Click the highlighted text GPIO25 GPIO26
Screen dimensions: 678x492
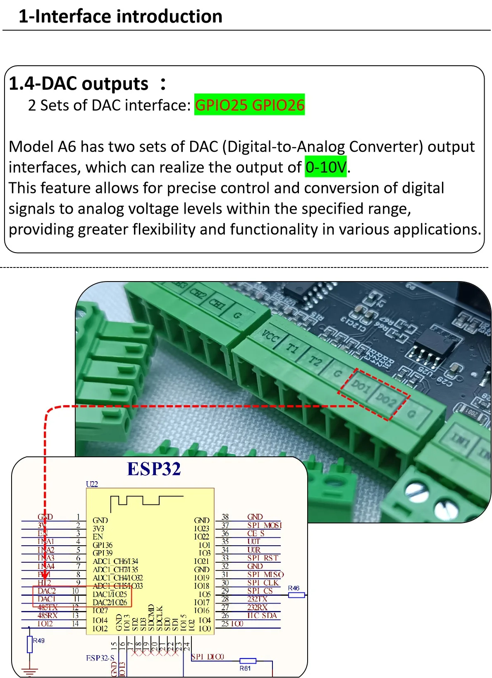249,105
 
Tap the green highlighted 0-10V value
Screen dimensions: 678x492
326,167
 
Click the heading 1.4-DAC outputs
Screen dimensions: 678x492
79,84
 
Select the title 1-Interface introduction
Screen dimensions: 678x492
120,17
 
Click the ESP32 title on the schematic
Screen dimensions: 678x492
154,469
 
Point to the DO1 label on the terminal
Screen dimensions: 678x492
361,387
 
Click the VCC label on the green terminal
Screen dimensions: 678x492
271,337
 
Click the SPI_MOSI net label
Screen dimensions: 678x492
265,525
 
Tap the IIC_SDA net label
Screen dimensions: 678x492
262,615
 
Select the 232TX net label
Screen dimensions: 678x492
257,599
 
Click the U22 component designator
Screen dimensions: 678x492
92,484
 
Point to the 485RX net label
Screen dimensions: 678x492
48,615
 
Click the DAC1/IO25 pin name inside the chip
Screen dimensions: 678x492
110,594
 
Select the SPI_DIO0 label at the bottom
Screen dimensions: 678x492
208,657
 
